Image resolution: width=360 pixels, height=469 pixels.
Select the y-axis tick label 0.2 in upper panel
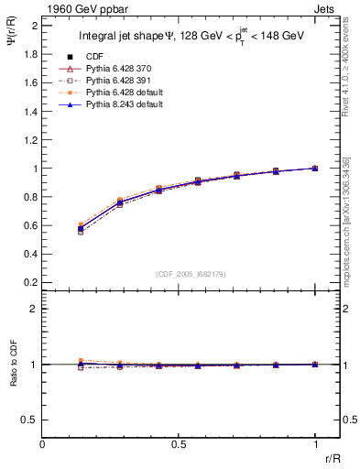click(30, 283)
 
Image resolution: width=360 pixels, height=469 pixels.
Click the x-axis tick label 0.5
click(179, 444)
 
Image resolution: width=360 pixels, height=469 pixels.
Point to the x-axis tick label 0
click(43, 444)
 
